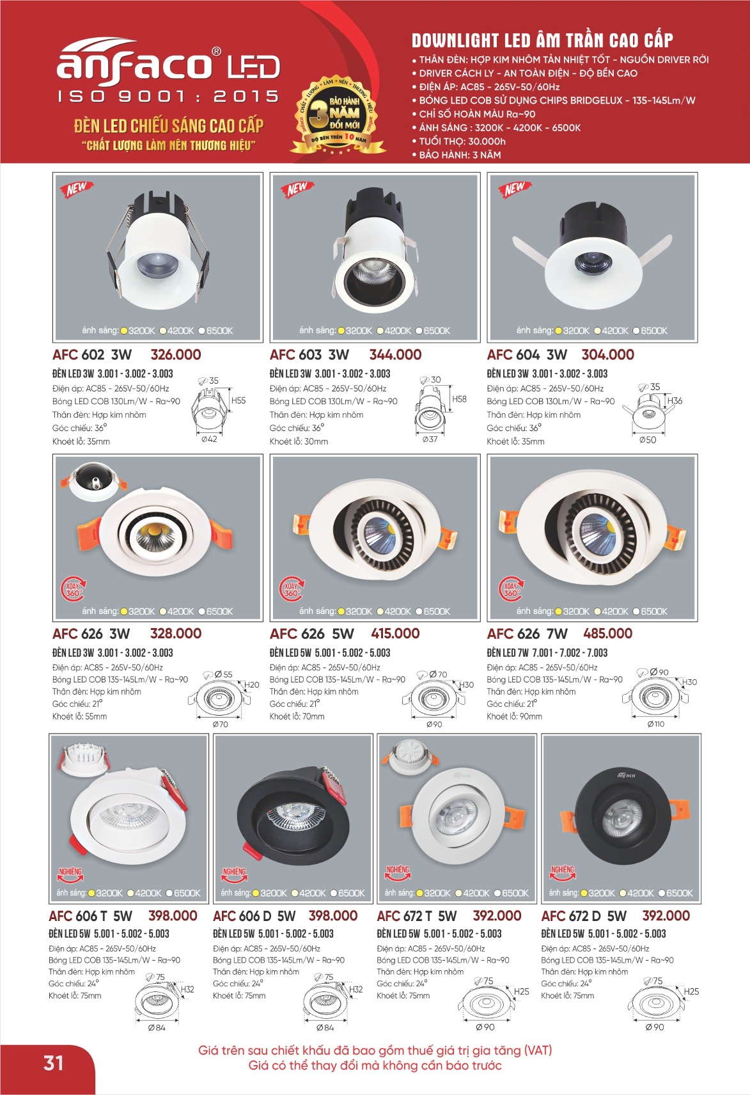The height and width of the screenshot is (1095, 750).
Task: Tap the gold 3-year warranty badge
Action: [x=338, y=115]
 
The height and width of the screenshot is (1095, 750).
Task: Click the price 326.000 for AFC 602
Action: [x=175, y=354]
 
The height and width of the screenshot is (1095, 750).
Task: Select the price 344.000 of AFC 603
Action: [x=395, y=354]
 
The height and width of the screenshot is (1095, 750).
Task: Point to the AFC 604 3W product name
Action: [x=527, y=354]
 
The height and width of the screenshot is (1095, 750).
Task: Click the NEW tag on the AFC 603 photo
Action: [x=297, y=188]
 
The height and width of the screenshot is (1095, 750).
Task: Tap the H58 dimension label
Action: [x=459, y=399]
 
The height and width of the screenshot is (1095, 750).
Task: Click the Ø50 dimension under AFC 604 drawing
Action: [x=648, y=439]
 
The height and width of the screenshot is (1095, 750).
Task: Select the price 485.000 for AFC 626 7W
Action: [x=607, y=633]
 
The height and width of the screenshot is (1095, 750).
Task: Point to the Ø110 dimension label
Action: [x=656, y=724]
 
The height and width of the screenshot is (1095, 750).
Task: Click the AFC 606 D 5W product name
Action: [x=254, y=916]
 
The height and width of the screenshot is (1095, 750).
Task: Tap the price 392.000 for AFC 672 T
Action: [x=497, y=916]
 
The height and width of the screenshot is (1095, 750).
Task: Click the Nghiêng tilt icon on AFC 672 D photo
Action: [x=563, y=873]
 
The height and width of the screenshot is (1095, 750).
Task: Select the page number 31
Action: [x=53, y=1063]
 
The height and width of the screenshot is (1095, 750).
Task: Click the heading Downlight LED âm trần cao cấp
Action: [x=542, y=40]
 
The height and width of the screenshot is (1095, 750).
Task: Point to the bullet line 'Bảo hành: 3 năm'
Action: [x=460, y=155]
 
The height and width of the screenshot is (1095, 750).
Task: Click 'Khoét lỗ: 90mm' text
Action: [x=514, y=716]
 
